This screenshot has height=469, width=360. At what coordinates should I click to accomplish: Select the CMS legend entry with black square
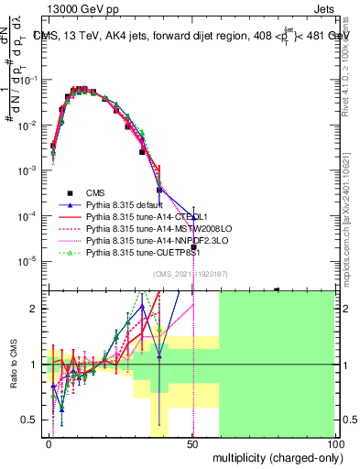(95, 192)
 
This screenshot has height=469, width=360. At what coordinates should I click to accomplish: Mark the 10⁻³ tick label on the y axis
(30, 170)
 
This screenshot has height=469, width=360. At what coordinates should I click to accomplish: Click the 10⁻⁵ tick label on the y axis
(30, 261)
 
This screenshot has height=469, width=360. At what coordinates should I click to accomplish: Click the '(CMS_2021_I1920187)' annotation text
(191, 274)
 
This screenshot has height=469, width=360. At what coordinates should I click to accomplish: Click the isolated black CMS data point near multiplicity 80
(277, 289)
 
